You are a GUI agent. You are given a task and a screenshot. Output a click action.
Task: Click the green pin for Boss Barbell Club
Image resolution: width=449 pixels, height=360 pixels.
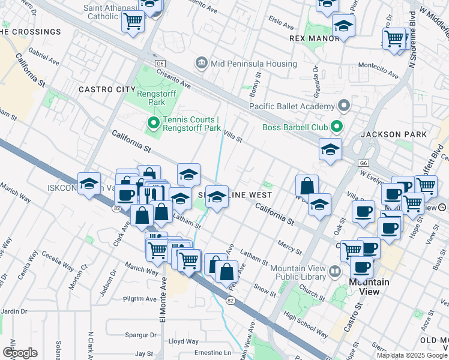pyautogui.click(x=336, y=127)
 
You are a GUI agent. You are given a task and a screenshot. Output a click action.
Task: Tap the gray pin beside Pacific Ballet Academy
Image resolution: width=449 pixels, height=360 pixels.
pyautogui.click(x=344, y=106)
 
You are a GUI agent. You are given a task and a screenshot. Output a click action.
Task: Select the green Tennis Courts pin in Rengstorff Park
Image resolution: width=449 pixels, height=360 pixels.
pyautogui.click(x=153, y=124)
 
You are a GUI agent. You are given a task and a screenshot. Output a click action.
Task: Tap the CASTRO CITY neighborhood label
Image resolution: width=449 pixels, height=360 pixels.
pyautogui.click(x=107, y=89)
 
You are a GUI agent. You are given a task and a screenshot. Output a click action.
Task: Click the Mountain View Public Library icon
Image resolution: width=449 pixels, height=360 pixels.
pyautogui.click(x=334, y=272)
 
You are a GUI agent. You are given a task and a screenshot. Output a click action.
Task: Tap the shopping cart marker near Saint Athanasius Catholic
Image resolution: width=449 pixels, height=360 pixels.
pyautogui.click(x=133, y=22)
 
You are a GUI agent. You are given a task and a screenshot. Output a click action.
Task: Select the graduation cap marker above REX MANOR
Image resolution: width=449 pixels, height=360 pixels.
pyautogui.click(x=343, y=26)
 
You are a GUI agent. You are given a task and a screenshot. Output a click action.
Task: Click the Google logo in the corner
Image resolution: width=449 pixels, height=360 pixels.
pyautogui.click(x=20, y=353)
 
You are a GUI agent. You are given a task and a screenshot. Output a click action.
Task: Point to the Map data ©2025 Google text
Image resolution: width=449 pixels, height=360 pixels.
pyautogui.click(x=412, y=355)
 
